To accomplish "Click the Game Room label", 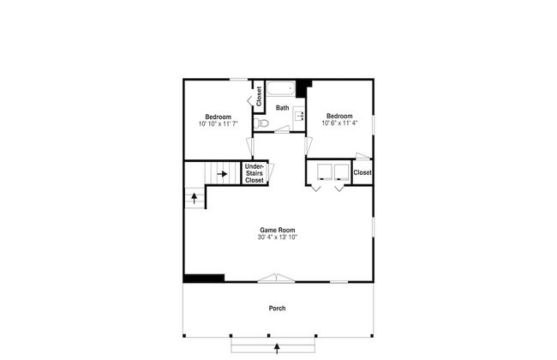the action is click(x=278, y=230).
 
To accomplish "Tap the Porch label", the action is click(x=277, y=308).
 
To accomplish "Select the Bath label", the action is click(x=283, y=108).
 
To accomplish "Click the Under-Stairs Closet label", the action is click(x=255, y=173).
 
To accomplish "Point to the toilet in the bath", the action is click(x=261, y=123).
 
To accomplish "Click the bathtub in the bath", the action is click(x=280, y=88).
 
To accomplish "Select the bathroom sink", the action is click(x=299, y=116).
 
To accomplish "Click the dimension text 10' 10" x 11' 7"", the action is click(x=219, y=123).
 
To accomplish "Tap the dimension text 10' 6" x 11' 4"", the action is click(x=339, y=123).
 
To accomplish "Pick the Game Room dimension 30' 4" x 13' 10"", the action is click(x=278, y=237).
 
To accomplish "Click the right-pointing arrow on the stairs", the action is click(x=222, y=174).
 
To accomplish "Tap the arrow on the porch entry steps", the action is click(x=277, y=349).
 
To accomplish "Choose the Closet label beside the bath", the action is click(x=259, y=96).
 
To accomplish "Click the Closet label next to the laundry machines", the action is click(x=362, y=172).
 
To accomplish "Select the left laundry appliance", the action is click(x=324, y=172).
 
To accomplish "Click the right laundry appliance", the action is click(x=341, y=172).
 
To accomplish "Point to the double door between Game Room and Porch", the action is click(x=276, y=278).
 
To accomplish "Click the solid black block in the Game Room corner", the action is click(x=204, y=279).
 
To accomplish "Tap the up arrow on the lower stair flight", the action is click(x=195, y=198).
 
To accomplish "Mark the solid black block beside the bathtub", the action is click(x=302, y=87).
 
